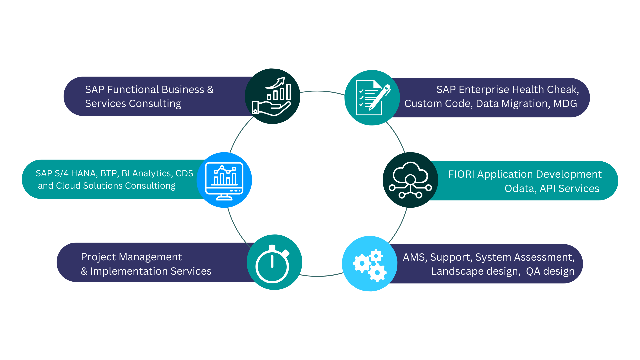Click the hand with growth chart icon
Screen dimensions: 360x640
tap(272, 96)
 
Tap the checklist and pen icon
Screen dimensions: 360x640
tap(372, 98)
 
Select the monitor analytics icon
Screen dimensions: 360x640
tap(224, 180)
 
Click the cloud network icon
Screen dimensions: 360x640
tap(410, 180)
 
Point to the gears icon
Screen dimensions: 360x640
tap(370, 264)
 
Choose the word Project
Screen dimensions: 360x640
tap(98, 257)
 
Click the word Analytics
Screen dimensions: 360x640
tap(151, 173)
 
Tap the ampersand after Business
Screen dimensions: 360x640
tap(210, 90)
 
